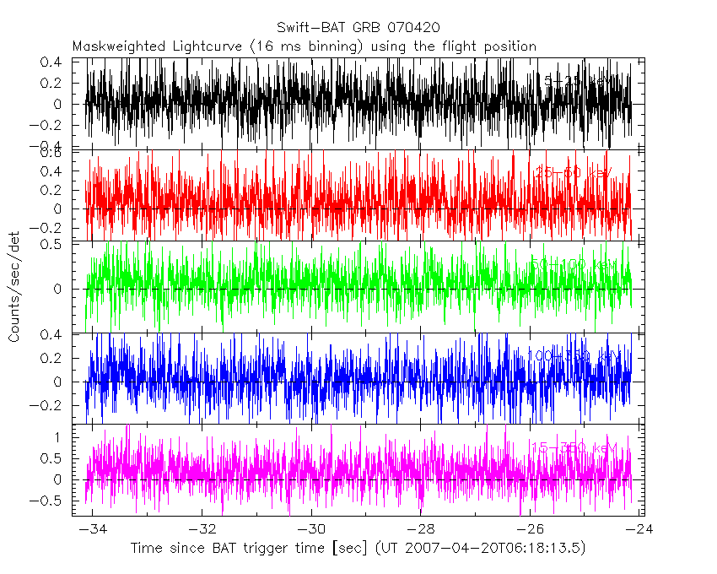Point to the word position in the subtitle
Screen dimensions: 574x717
(x=508, y=46)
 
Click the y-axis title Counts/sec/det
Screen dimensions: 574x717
(x=14, y=288)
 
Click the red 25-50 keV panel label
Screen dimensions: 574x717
(x=574, y=173)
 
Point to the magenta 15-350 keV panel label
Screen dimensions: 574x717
(x=574, y=447)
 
